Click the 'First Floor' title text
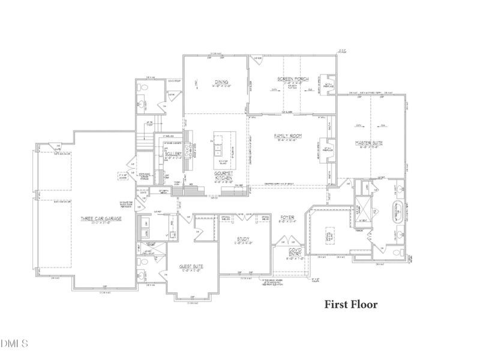point(351,304)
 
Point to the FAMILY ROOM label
point(287,137)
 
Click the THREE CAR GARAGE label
point(101,219)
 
